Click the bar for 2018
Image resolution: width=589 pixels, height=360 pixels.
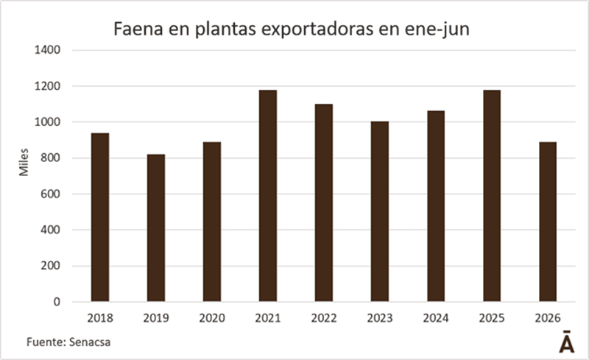pos(100,217)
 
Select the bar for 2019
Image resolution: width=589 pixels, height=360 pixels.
pos(156,227)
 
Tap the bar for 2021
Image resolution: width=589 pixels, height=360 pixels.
pos(268,196)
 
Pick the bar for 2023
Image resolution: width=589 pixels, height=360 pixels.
pos(380,211)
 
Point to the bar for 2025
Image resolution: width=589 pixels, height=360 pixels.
pos(492,196)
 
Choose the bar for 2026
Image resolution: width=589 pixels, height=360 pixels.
pos(548,222)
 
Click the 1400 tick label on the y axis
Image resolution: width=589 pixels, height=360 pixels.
pos(47,50)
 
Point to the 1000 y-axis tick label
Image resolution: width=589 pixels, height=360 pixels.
pos(47,122)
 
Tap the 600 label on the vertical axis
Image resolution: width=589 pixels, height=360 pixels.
pos(50,194)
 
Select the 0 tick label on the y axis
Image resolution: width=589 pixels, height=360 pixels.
pos(57,302)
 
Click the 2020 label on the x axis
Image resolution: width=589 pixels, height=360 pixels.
pos(212,318)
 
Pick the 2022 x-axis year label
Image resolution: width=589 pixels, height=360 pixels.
pos(324,318)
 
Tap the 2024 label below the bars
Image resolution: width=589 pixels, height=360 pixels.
pos(436,318)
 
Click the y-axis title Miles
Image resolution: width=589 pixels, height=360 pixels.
pos(24,163)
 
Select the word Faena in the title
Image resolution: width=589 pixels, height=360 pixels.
pos(138,29)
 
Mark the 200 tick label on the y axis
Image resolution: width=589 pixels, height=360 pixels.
pos(50,266)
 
